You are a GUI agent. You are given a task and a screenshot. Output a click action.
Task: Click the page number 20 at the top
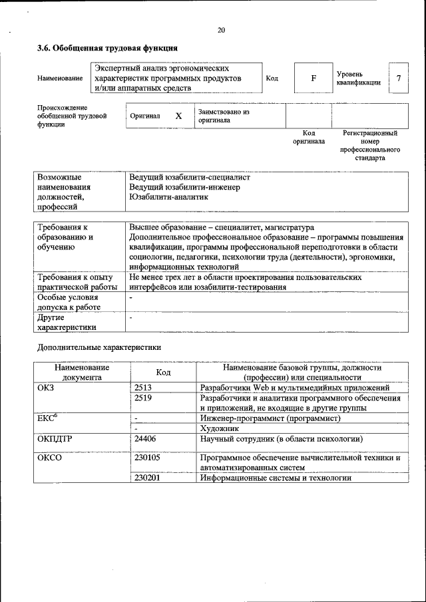(221, 30)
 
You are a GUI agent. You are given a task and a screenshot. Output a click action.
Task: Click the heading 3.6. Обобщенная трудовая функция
(107, 49)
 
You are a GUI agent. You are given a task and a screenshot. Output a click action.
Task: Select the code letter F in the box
(314, 78)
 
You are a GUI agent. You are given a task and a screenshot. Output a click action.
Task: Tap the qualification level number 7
(399, 78)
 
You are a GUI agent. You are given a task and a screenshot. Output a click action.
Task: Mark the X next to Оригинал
(178, 116)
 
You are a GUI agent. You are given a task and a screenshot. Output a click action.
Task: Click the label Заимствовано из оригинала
(223, 116)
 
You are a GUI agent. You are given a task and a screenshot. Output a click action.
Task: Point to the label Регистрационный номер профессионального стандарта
(370, 146)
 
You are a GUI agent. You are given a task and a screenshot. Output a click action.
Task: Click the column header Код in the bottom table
(164, 373)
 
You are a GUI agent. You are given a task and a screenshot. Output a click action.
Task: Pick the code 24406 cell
(145, 439)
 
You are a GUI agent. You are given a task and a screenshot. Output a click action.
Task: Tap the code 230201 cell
(147, 478)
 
